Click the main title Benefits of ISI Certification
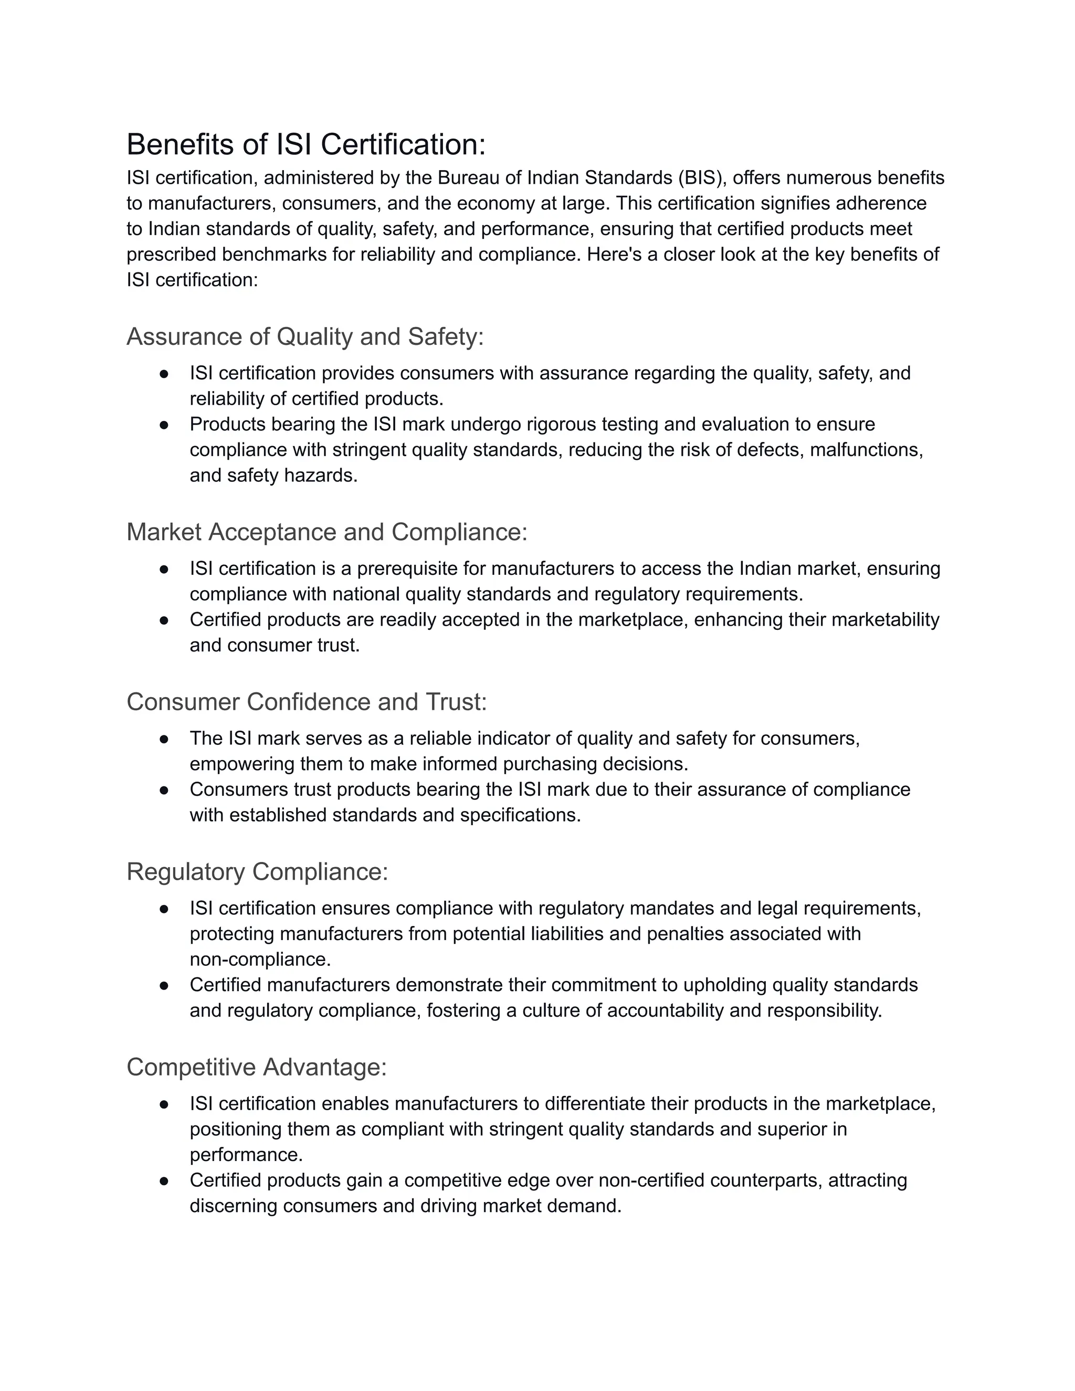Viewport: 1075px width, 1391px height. coord(305,144)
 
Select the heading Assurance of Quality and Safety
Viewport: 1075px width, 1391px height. coord(305,337)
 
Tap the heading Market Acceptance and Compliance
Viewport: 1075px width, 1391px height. coord(326,532)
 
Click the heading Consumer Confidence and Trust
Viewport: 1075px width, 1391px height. coord(307,702)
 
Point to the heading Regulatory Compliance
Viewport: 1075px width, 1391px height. coord(257,872)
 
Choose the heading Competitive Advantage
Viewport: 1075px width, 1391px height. coord(257,1067)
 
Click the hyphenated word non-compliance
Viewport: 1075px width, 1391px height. coord(260,959)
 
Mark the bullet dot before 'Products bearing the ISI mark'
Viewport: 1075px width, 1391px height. coord(164,424)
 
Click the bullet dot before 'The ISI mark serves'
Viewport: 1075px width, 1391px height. coord(164,738)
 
